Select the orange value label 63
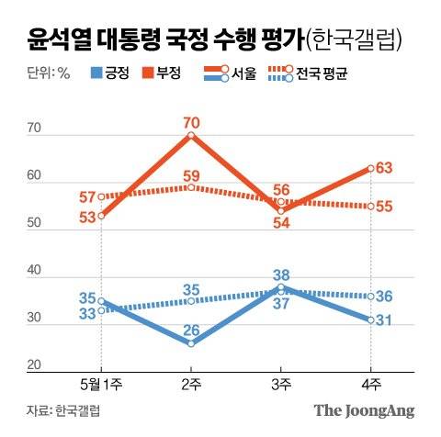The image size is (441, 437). [386, 167]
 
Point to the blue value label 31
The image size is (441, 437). [386, 320]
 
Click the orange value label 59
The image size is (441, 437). [190, 175]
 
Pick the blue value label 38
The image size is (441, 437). [281, 274]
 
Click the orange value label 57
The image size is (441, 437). [87, 196]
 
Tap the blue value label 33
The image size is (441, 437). [87, 313]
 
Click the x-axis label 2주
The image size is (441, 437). [190, 382]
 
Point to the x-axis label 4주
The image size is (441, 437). [370, 382]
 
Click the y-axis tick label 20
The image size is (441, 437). [35, 366]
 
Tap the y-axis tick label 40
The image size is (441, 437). [35, 271]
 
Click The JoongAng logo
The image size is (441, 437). [365, 410]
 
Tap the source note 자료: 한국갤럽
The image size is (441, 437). [63, 410]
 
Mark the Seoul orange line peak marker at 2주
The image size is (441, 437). [190, 135]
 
